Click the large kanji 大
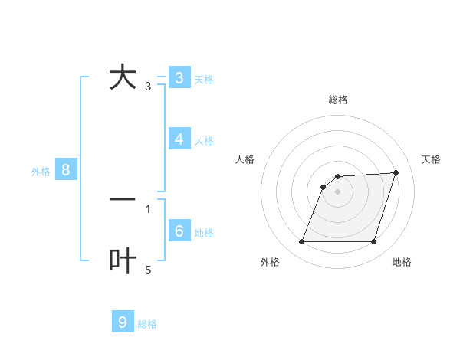123,78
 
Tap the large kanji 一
123,199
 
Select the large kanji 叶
123,261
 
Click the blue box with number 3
179,78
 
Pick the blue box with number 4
179,139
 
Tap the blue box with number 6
179,231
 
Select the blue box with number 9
123,322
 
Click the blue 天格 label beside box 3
204,80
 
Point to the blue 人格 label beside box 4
204,141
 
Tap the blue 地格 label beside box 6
204,233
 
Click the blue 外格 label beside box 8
41,172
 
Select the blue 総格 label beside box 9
147,324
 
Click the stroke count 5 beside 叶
148,270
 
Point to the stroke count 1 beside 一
148,208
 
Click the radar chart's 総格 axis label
338,100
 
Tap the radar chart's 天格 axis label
432,159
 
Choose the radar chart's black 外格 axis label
270,262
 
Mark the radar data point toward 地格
373,242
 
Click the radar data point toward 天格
396,172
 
